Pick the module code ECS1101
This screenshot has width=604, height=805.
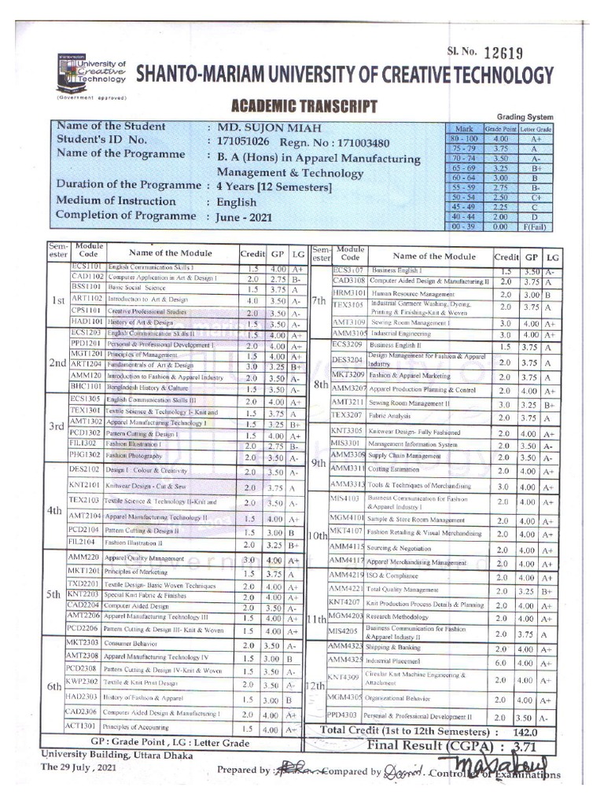coord(87,268)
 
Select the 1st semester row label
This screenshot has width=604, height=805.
coord(57,300)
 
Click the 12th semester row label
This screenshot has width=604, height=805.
coord(317,686)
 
